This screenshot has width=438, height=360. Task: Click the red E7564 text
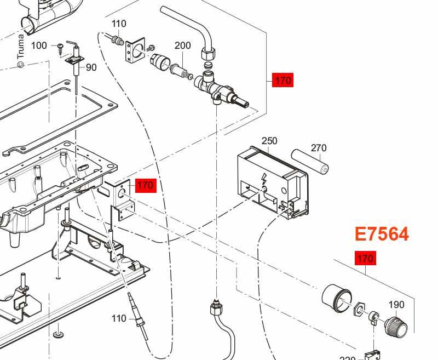click(x=382, y=234)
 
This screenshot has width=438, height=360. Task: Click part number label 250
click(x=269, y=141)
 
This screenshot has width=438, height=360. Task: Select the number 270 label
click(x=318, y=148)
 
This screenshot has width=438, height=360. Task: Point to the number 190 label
click(x=396, y=305)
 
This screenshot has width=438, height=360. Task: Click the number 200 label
click(x=183, y=45)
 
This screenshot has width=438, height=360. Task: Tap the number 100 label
click(x=39, y=45)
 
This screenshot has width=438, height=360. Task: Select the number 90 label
click(x=91, y=67)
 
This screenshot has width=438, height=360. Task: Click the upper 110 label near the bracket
click(x=119, y=24)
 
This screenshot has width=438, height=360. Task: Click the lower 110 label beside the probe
click(x=119, y=318)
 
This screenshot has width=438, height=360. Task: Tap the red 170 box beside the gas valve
click(x=283, y=81)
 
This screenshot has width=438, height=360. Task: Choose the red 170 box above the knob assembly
click(x=365, y=258)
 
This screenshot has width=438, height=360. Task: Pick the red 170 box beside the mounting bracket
click(x=145, y=185)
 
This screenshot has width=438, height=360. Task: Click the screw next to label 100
click(x=60, y=47)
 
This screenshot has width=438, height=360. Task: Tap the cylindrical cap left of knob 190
click(x=336, y=299)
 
